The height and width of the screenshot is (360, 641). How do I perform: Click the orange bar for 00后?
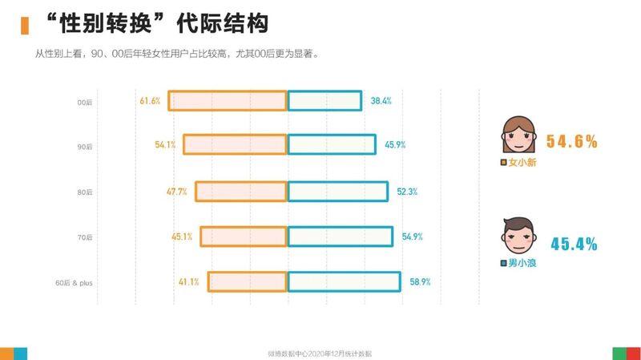click(228, 101)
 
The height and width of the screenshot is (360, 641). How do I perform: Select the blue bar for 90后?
click(331, 144)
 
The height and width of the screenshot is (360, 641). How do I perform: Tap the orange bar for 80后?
click(241, 192)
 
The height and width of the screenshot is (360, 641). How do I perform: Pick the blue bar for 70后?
click(340, 237)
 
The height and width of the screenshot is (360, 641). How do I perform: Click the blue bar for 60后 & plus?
click(344, 281)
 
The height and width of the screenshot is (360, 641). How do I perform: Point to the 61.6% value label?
click(150, 101)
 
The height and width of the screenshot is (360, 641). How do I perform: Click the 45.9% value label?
click(394, 145)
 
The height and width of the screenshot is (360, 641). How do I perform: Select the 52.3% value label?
click(407, 192)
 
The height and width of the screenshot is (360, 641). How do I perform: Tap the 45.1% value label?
click(182, 237)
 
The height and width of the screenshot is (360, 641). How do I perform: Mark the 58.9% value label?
click(420, 281)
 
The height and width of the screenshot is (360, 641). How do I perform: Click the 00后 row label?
click(85, 102)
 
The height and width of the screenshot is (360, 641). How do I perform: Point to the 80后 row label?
click(85, 192)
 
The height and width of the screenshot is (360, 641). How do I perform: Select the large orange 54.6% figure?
click(572, 142)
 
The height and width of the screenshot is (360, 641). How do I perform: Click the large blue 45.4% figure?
click(574, 245)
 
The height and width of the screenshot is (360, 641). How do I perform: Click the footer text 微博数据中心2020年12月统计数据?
click(320, 353)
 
